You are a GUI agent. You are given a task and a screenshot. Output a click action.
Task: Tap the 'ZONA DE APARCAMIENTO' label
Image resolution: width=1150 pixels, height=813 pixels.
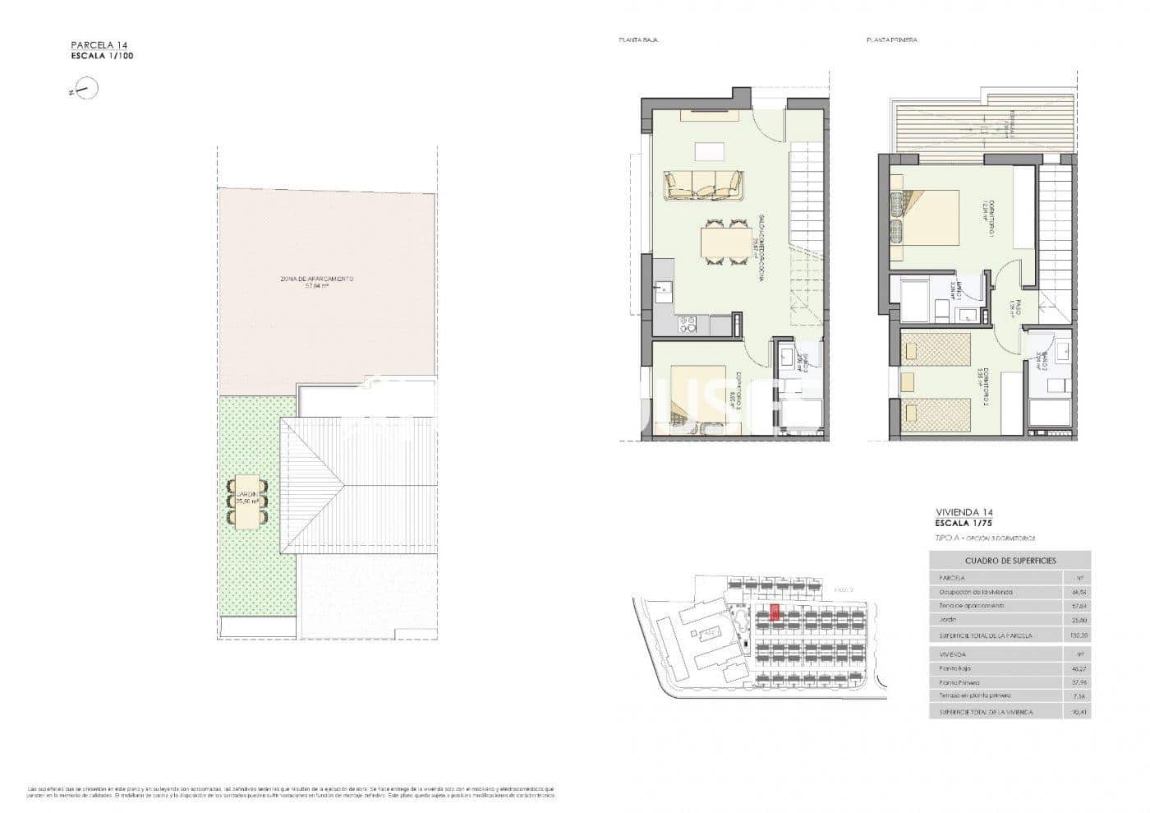[317, 279]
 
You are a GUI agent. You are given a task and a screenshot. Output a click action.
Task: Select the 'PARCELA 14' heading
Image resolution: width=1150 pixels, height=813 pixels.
[99, 46]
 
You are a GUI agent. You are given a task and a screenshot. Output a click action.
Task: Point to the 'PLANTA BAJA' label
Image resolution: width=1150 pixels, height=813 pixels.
[638, 39]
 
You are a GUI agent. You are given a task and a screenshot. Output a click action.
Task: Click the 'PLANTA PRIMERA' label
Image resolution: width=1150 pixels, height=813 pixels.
[891, 39]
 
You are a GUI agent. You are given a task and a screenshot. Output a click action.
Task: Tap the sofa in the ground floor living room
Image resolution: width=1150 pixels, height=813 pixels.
[704, 185]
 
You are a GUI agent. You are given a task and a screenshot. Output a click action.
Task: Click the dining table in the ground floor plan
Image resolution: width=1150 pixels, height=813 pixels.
[724, 243]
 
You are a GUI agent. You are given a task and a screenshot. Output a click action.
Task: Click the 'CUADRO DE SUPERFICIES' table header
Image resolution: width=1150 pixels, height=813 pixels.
[1010, 561]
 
